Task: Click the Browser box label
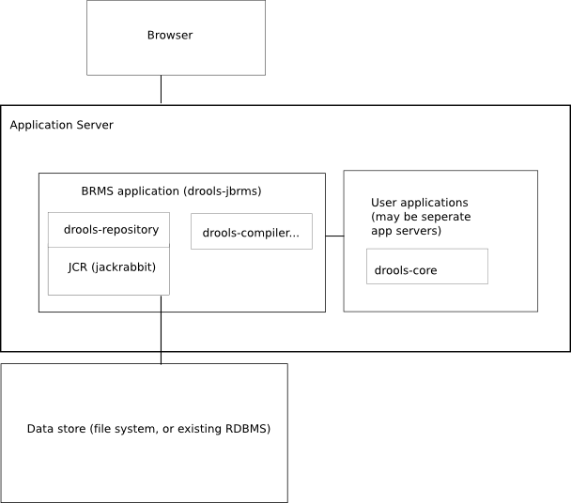[x=169, y=36]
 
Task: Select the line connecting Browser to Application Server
[x=161, y=90]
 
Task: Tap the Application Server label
[x=61, y=125]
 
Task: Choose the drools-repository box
[x=109, y=229]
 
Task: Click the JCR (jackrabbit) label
[x=112, y=267]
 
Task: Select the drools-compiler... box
[x=251, y=232]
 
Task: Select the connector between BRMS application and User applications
[x=334, y=236]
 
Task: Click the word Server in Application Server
[x=94, y=125]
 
